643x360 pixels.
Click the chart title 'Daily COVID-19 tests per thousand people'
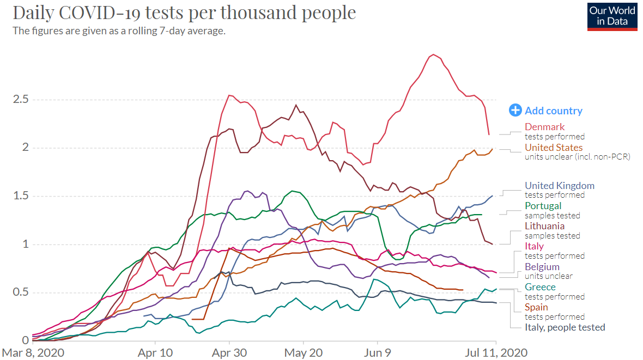point(184,13)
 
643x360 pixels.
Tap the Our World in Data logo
point(612,16)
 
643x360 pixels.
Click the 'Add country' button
point(546,111)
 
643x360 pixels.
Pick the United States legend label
point(553,148)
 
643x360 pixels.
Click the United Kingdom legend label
point(559,186)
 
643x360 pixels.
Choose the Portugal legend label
point(543,206)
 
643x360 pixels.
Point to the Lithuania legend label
point(544,226)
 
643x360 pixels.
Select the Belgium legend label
point(542,267)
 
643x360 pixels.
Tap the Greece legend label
point(540,287)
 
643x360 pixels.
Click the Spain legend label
point(536,307)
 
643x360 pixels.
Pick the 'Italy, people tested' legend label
point(565,327)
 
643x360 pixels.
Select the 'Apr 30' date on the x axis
point(229,352)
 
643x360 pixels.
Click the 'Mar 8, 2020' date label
point(33,352)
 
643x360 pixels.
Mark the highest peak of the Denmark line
point(433,54)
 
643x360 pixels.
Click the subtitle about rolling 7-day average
point(119,30)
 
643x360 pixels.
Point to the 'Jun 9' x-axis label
point(377,352)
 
